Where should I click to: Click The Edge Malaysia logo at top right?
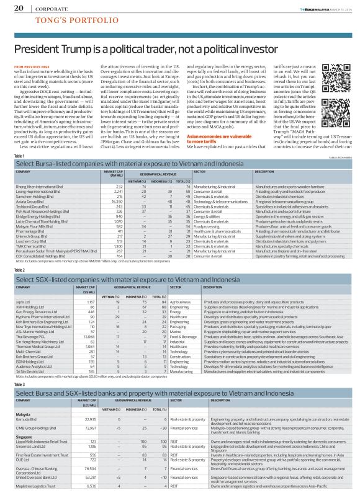pos(300,7)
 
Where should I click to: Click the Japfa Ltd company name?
pos(23,301)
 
